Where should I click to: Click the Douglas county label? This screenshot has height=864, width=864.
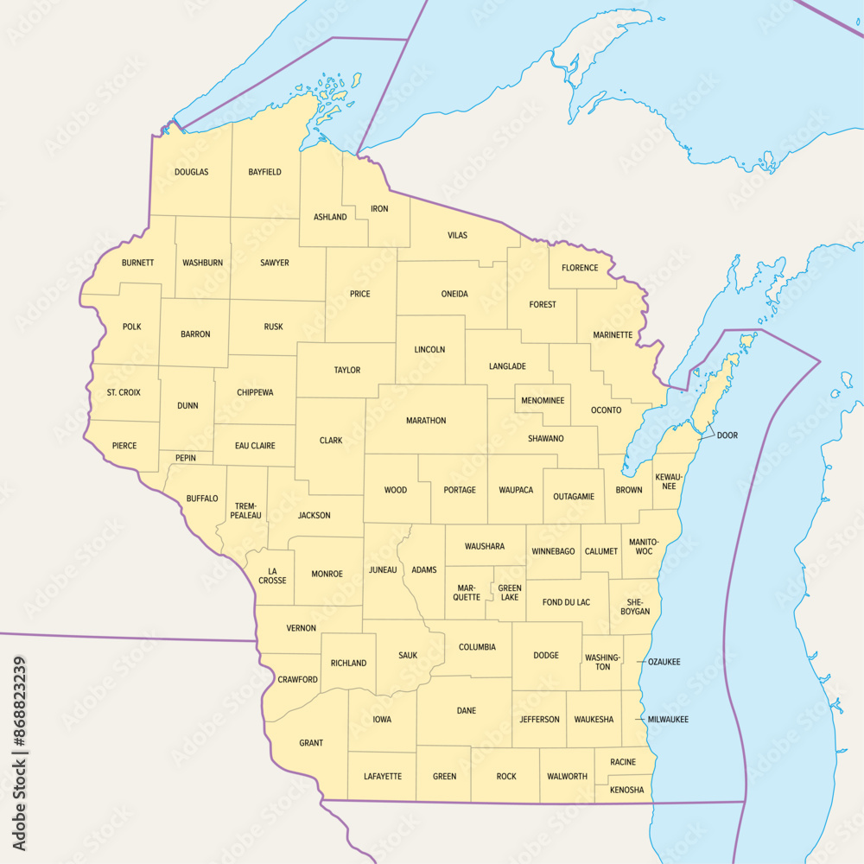[x=191, y=172]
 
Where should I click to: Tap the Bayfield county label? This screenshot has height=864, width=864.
[x=264, y=172]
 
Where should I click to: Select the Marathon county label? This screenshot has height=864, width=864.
[x=426, y=421]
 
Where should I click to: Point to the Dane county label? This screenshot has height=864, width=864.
[x=466, y=711]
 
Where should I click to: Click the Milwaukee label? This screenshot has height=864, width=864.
[x=668, y=719]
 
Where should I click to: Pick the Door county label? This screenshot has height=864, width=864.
[x=727, y=435]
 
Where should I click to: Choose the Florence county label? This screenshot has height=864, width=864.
[x=580, y=268]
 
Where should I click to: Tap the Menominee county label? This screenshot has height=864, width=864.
[x=543, y=401]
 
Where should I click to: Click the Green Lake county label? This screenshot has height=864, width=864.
[x=509, y=592]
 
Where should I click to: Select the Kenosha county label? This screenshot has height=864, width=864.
[x=626, y=790]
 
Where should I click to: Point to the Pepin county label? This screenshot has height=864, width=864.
[x=185, y=457]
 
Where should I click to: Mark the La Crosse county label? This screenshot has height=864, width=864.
[x=272, y=575]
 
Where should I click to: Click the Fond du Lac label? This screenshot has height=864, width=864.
[x=566, y=602]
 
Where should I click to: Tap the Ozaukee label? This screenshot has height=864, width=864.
[x=664, y=662]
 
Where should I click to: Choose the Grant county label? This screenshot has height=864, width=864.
[x=311, y=743]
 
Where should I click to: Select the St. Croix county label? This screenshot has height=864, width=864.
[x=124, y=392]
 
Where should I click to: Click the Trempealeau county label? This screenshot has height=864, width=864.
[x=245, y=510]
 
